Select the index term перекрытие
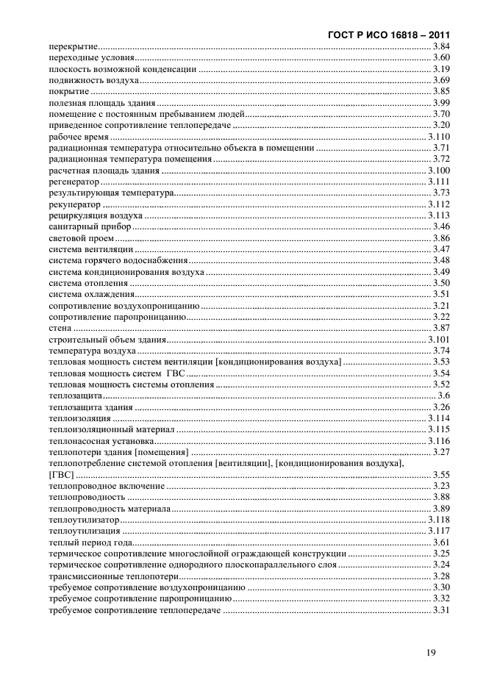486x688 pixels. click(74, 46)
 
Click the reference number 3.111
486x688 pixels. click(438, 181)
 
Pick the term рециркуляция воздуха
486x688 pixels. click(90, 215)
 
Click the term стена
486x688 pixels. click(60, 328)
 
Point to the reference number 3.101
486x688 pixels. click(438, 340)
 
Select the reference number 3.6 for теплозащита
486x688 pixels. click(443, 395)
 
